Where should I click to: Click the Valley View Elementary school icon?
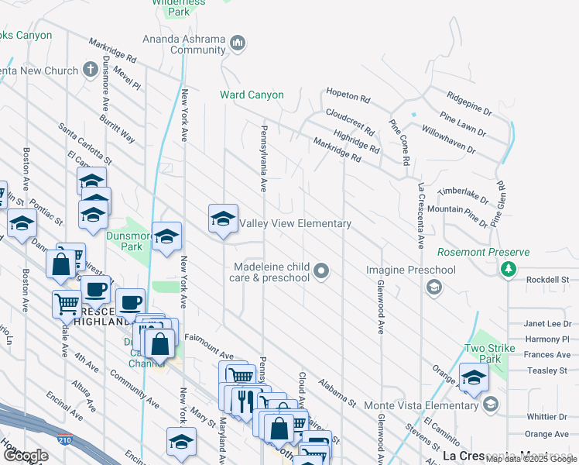coord(223,219)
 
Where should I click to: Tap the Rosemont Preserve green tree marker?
coord(508,269)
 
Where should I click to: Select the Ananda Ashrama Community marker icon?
coord(238,43)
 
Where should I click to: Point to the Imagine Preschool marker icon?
coord(434,288)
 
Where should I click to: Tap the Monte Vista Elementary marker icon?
coord(490,405)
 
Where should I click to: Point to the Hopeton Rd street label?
coord(348,95)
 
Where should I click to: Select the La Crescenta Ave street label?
coord(421,215)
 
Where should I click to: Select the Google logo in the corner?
coord(26,456)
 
